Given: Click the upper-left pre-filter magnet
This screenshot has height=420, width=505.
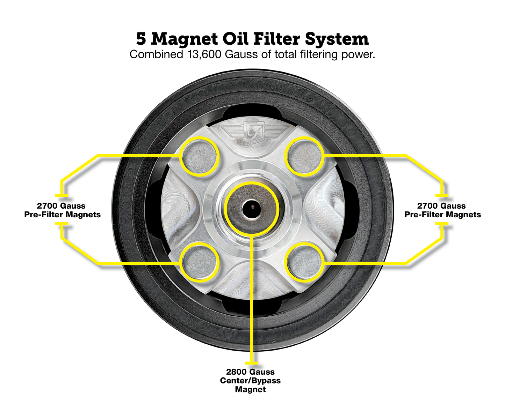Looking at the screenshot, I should (200, 156).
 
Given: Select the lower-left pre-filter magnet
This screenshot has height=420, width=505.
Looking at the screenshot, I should (200, 262).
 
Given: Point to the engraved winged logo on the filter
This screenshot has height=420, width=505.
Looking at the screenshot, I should (251, 132).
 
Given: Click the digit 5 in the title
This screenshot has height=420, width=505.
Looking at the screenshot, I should (141, 39).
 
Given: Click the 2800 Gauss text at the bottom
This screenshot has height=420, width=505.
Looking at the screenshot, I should (250, 372).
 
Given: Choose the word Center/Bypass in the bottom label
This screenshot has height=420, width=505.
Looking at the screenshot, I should (250, 381).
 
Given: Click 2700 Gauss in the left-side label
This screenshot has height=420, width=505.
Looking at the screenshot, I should (61, 206).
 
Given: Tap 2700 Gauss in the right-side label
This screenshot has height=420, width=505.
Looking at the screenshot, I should (442, 206).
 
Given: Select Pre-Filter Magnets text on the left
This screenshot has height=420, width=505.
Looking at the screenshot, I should (63, 215).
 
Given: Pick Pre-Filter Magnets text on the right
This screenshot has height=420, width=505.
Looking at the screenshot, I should (442, 215).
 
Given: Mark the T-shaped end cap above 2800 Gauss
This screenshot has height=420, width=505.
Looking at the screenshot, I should (252, 363).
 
